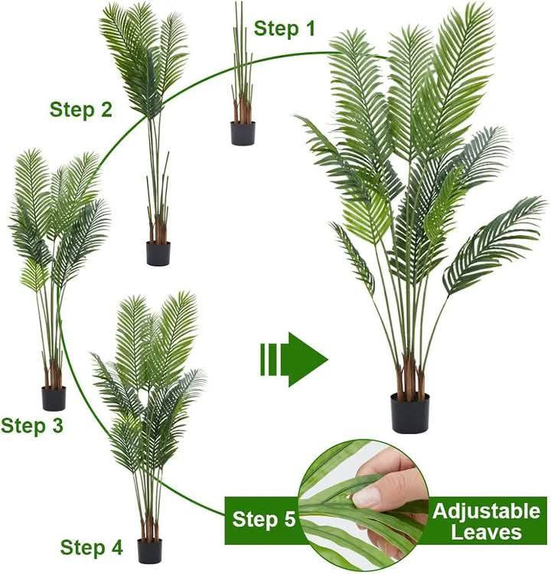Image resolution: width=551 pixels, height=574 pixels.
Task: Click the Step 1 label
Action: tap(284, 28)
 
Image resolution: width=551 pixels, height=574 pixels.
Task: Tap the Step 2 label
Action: tap(81, 109)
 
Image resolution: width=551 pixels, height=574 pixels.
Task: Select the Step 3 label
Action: tap(32, 426)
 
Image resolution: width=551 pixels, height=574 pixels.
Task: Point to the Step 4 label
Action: tap(91, 548)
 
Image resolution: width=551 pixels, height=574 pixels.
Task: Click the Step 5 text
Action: tap(263, 519)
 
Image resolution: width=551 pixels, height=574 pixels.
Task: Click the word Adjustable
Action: tap(486, 511)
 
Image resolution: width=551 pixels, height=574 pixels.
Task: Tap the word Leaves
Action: tap(486, 532)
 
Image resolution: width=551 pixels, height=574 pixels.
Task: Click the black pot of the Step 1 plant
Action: tap(243, 133)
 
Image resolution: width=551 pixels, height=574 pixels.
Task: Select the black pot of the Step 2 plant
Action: tap(158, 253)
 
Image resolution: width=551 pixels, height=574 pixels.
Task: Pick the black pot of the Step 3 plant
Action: tap(54, 398)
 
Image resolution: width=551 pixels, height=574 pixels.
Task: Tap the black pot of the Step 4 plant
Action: tap(150, 551)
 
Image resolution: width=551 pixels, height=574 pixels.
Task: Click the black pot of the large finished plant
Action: tap(410, 413)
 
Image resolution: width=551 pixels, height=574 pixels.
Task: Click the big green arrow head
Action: tap(308, 360)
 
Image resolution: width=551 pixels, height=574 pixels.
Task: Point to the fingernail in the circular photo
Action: tap(367, 497)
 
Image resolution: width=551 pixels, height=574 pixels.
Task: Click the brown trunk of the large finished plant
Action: tap(409, 377)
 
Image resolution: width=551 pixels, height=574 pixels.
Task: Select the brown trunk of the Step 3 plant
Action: tap(54, 374)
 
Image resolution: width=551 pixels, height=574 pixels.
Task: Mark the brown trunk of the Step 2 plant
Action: tap(158, 229)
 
